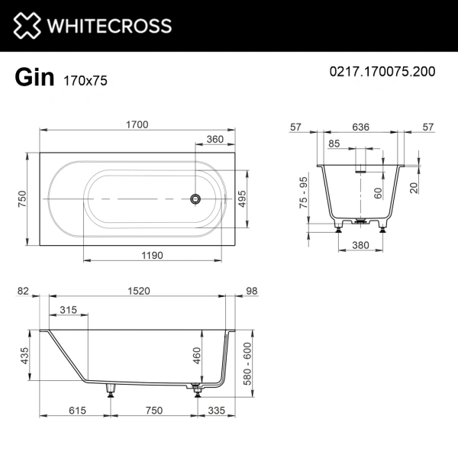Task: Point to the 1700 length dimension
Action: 137,124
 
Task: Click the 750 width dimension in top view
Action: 22,198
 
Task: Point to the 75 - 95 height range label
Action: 303,192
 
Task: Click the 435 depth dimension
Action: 24,355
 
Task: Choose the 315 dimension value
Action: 69,309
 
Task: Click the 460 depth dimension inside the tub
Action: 196,355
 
